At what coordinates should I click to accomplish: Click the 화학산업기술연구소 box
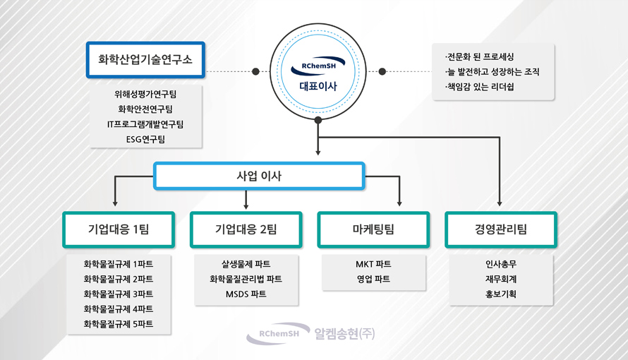[145, 60]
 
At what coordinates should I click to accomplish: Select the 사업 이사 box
[259, 176]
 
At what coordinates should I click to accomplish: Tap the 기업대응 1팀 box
[119, 229]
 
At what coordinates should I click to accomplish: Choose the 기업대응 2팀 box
[246, 229]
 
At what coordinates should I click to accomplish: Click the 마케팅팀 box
[373, 229]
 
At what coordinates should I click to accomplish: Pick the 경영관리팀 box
[501, 229]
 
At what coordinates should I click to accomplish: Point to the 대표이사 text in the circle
[318, 86]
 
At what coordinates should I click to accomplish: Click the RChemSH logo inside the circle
[318, 66]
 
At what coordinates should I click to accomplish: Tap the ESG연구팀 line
[145, 139]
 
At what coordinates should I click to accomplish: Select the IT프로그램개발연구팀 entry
[145, 124]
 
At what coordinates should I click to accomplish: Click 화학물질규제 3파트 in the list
[119, 294]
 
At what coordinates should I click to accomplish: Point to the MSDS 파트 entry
[246, 294]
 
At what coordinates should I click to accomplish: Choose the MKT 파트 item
[373, 264]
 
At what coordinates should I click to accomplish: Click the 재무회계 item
[501, 279]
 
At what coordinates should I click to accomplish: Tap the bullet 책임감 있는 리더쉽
[479, 87]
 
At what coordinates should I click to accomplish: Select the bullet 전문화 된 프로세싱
[479, 57]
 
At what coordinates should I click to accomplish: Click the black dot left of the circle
[255, 72]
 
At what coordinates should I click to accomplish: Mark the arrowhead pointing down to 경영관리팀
[500, 204]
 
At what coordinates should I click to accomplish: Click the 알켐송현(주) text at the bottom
[344, 334]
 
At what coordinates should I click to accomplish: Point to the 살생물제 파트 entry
[246, 264]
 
